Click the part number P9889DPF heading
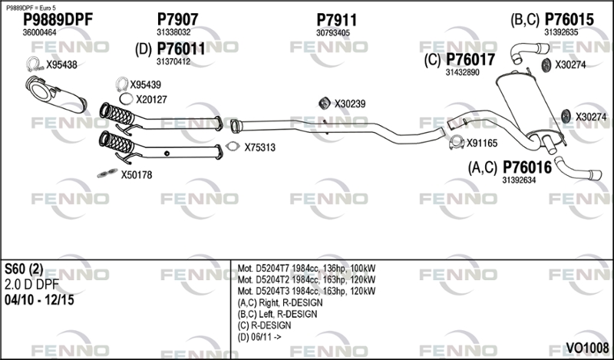[x=58, y=20]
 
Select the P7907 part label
[x=177, y=19]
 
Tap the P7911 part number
[x=336, y=20]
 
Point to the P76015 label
[x=569, y=19]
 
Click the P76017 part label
[x=470, y=60]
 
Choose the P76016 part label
[x=527, y=167]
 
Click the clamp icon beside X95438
[x=35, y=64]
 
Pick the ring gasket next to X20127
[x=126, y=99]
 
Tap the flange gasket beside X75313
[x=233, y=147]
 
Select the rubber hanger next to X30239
[x=324, y=103]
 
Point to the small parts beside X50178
[x=107, y=173]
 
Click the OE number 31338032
[x=173, y=32]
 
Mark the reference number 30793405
[x=333, y=33]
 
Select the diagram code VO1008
[x=587, y=348]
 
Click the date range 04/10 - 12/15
[x=39, y=300]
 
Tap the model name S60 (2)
[x=24, y=269]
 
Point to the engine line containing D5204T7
[x=306, y=269]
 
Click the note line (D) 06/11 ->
[x=259, y=337]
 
